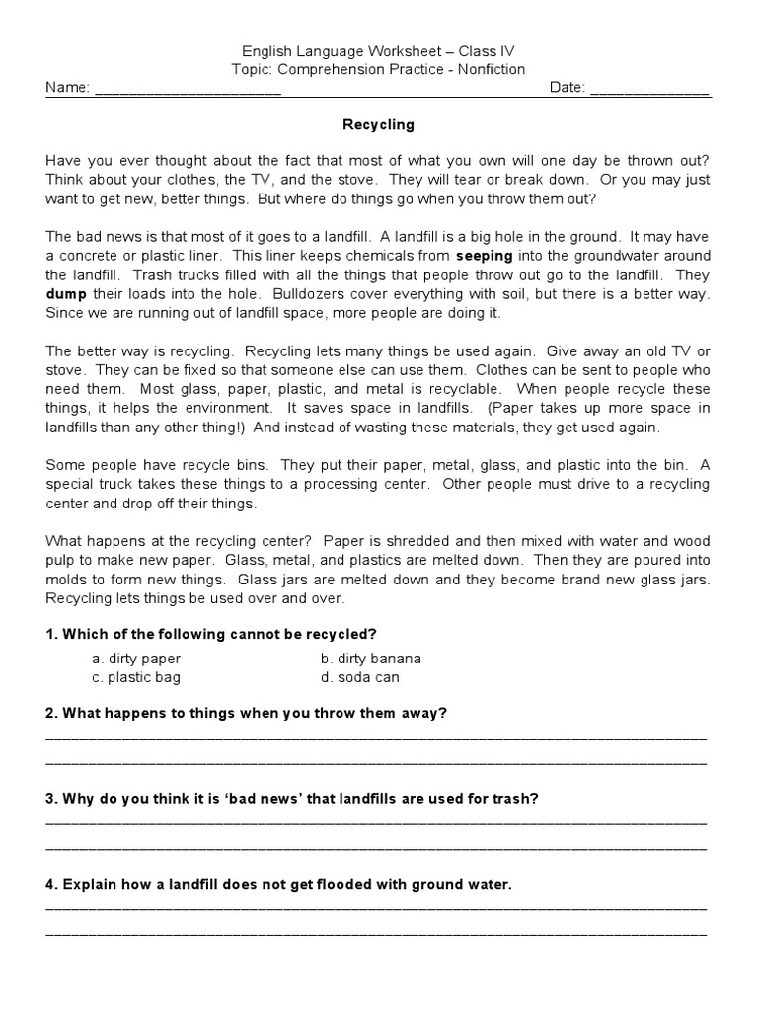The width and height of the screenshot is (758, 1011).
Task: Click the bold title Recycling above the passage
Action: [378, 125]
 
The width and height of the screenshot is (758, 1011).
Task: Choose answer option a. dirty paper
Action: [136, 659]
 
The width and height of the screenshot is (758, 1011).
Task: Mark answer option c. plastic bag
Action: [136, 677]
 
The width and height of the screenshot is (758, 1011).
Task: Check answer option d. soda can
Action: [360, 677]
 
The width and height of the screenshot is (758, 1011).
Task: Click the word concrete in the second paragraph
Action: [91, 256]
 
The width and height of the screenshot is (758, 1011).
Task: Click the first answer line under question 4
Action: [376, 908]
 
